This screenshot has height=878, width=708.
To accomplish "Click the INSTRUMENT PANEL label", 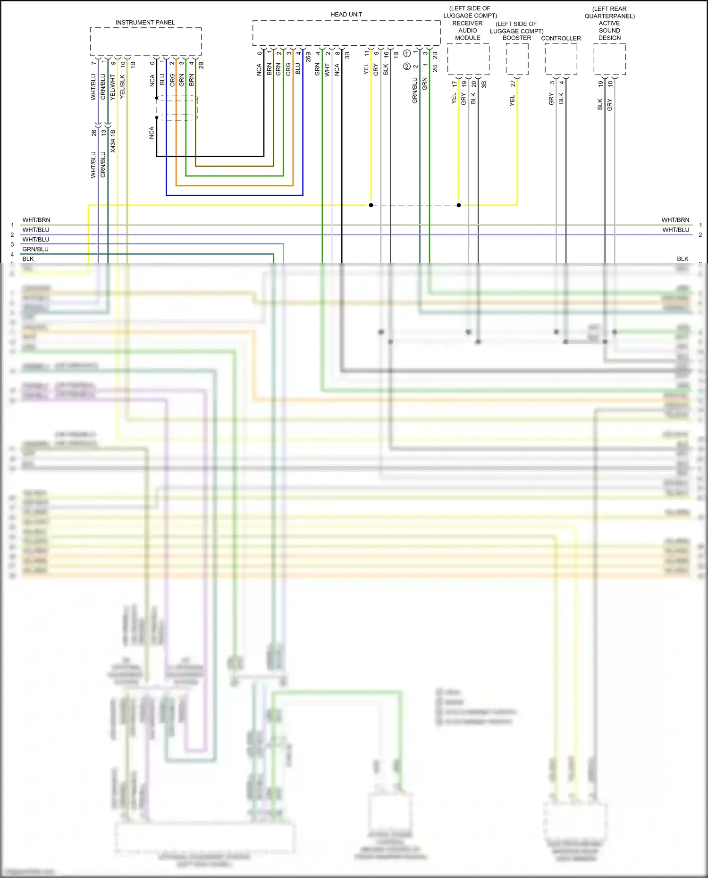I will click(145, 23).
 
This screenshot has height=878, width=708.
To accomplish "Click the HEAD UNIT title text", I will click(346, 15).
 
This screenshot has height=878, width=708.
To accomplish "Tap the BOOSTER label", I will click(516, 38).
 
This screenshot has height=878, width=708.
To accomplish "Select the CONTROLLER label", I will click(561, 38).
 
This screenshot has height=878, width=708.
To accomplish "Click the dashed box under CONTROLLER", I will click(561, 59).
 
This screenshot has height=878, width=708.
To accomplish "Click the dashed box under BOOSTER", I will click(517, 59).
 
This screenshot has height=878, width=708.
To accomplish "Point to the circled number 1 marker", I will click(407, 54).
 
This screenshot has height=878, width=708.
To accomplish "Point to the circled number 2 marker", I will click(407, 67).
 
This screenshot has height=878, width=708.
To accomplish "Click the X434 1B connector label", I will click(113, 141).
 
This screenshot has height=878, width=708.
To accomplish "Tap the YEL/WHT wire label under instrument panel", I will click(113, 87).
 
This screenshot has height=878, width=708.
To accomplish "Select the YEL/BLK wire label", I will click(123, 87).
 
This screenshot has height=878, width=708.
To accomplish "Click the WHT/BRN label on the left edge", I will click(36, 220).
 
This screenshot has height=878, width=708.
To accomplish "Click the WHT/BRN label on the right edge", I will click(675, 220).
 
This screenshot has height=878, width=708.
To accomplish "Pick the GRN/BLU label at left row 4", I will click(35, 249).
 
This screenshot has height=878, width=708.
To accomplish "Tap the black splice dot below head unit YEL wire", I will click(371, 205).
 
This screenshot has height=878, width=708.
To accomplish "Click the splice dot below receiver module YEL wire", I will click(459, 205).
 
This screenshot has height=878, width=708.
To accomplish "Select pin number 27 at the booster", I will click(513, 84).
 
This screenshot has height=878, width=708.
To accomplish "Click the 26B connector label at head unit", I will click(308, 57).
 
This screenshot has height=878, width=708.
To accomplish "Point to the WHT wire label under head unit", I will click(327, 70).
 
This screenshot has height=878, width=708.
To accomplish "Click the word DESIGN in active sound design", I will click(609, 38).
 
